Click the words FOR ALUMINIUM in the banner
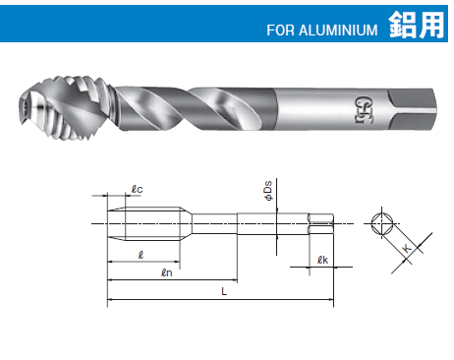[322, 30]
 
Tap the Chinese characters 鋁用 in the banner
[417, 25]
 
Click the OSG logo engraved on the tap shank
[360, 109]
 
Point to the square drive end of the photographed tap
[412, 109]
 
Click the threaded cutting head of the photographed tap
[67, 108]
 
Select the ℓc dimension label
[137, 189]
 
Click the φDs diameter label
[268, 191]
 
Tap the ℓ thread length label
[141, 255]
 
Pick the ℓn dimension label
[167, 272]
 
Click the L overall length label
[224, 291]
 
